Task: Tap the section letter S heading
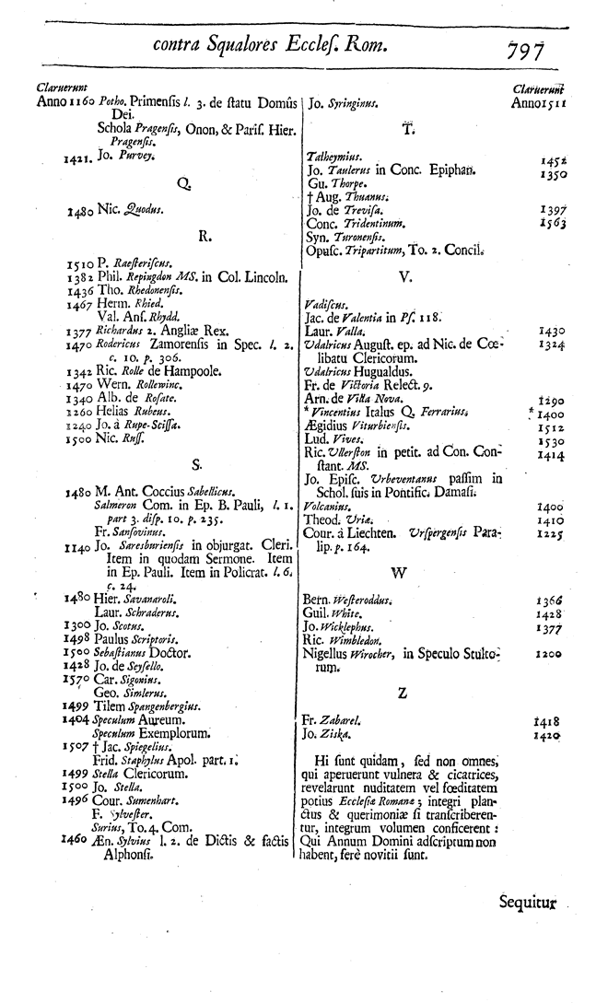196,463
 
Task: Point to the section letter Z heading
401,693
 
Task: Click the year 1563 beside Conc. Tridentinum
553,223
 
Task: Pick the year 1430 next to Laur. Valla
553,330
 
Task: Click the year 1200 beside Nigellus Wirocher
553,654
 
